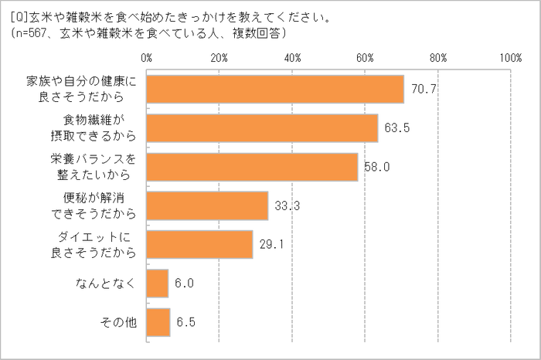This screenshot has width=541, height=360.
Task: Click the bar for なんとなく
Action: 158,284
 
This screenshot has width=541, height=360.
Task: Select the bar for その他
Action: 158,322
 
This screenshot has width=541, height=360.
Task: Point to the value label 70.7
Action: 424,89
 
